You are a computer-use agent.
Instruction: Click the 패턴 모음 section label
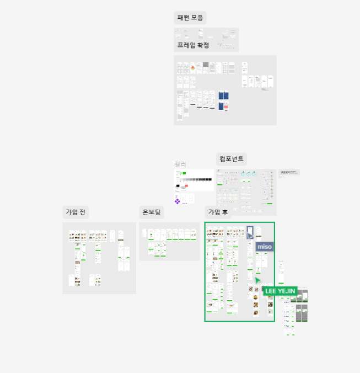190,18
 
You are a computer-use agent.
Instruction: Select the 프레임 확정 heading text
193,45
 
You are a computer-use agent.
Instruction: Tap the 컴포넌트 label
231,159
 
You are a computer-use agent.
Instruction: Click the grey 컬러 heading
180,164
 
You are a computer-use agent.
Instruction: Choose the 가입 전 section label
76,212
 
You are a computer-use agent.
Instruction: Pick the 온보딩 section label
151,212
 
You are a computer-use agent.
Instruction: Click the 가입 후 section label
217,212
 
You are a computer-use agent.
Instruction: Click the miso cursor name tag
264,247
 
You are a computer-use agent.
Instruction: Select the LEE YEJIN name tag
280,291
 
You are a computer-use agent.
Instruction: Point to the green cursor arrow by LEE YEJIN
257,281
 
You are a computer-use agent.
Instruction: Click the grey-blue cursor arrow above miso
250,236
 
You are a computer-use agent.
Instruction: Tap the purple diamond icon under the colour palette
178,201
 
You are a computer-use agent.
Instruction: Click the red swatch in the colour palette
186,185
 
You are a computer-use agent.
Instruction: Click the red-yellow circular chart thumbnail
193,68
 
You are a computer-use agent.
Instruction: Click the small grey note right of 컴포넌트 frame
289,173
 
